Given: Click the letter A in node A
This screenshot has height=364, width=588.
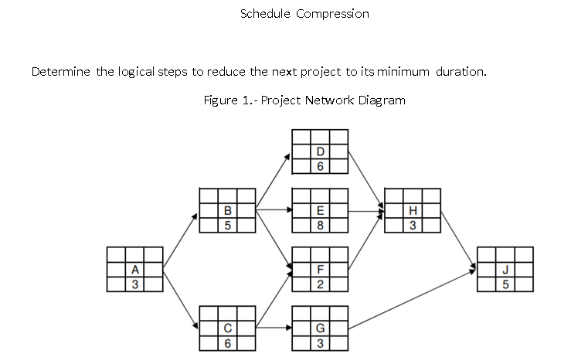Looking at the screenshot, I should point(135,270).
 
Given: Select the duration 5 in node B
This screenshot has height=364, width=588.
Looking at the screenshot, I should point(227,226).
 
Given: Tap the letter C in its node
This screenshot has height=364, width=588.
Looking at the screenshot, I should point(227,328).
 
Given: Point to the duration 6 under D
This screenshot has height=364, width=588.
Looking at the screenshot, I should point(320,166).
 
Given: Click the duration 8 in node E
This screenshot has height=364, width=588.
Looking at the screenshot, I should point(320,226).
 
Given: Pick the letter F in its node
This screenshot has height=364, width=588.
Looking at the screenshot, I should point(320,270).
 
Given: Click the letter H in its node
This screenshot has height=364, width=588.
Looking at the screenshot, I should point(413,210).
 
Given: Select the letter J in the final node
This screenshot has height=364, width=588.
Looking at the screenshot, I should point(505,270).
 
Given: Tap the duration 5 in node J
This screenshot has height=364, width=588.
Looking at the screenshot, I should point(505,284).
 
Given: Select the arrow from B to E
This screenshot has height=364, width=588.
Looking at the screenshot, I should point(274,209).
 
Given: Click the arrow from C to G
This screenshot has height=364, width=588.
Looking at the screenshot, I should point(274,328).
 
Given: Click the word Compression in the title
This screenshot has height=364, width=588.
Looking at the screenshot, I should point(333,14).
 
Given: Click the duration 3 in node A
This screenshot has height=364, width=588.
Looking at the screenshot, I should point(135,284).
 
